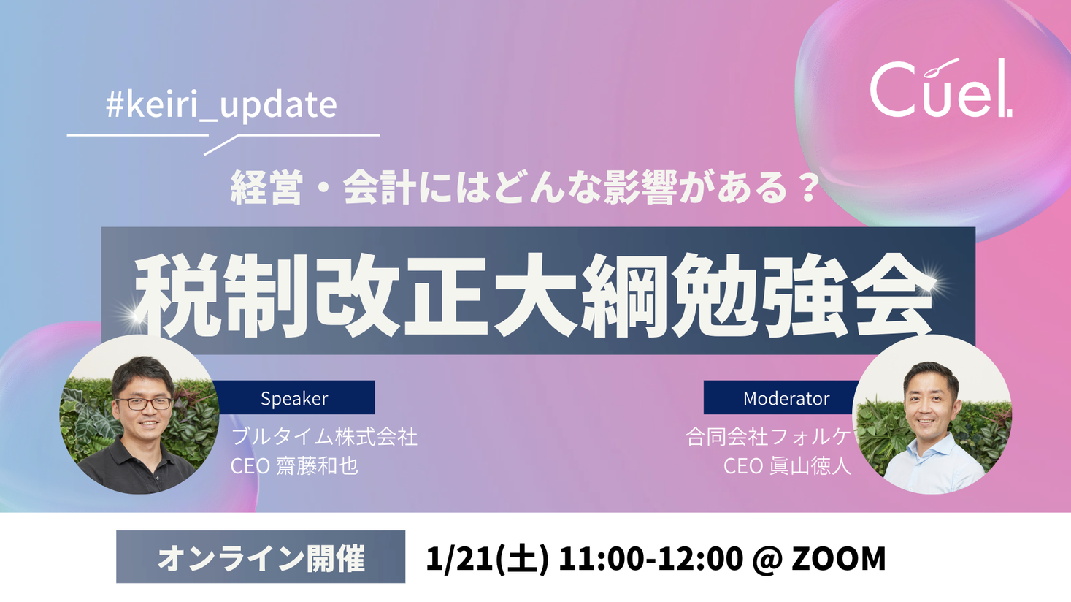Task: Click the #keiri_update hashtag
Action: click(221, 104)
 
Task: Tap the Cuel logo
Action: click(940, 88)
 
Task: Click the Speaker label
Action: click(294, 398)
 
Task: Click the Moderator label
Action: click(786, 398)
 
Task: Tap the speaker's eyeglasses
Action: click(144, 403)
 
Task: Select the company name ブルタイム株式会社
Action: click(324, 437)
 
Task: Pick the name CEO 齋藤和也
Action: click(294, 466)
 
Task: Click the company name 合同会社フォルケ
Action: click(768, 437)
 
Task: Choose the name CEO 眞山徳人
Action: click(787, 466)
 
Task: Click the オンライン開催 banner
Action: click(261, 557)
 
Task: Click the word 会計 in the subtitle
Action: click(380, 187)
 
